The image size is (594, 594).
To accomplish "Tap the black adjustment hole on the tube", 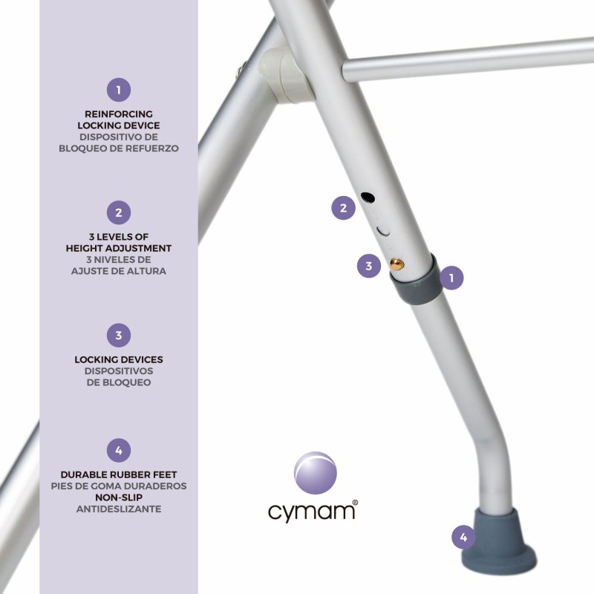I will pos(368,198).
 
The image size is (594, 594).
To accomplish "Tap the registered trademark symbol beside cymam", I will pos(355,503).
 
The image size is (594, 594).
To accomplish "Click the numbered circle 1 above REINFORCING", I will pos(119,90).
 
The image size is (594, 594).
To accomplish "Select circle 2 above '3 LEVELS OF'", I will pos(119,213).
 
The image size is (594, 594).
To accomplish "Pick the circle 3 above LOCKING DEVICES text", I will pos(119,336).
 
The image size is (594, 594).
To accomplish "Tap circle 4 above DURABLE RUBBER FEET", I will pos(119,450).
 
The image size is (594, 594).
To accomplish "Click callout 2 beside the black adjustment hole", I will pos(343,209).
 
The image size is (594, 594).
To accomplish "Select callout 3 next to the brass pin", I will pos(369,266).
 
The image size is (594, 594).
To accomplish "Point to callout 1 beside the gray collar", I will pos(451,278).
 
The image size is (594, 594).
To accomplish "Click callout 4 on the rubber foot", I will pos(464,536).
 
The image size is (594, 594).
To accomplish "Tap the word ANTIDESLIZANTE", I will pos(119,509).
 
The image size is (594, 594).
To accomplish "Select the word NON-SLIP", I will pos(119,497).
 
